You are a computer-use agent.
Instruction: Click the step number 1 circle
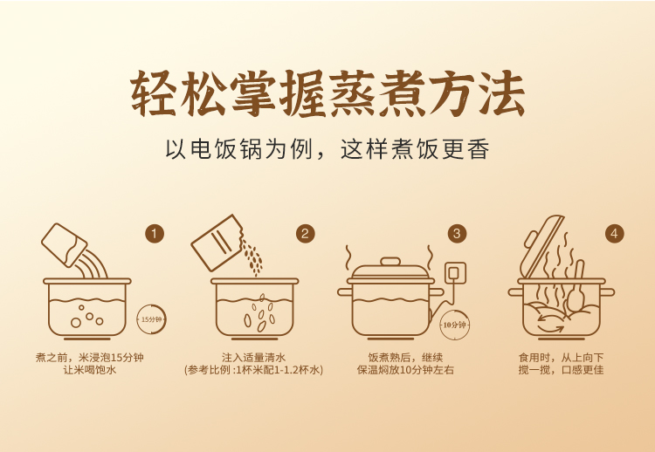[155, 233]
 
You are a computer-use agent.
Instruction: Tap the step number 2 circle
[306, 233]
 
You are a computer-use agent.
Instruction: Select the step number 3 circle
[457, 233]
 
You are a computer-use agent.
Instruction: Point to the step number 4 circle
[614, 233]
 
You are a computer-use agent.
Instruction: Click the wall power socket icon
[454, 273]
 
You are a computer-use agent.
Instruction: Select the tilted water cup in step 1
[64, 244]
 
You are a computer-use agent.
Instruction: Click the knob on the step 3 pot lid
[390, 262]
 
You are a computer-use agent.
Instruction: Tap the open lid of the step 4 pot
[541, 246]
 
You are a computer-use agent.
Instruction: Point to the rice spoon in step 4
[576, 289]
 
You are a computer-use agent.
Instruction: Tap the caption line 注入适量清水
[253, 358]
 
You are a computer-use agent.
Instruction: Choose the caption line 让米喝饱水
[89, 370]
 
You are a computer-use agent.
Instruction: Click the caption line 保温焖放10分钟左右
[405, 370]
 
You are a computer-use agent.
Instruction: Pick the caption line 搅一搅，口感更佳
[561, 370]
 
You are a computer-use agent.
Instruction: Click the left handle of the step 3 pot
[345, 291]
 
